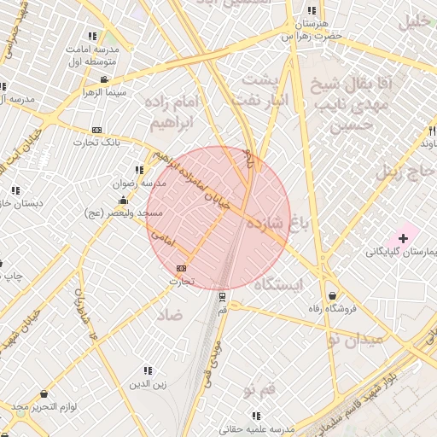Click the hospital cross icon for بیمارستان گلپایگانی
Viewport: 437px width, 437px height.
[403, 236]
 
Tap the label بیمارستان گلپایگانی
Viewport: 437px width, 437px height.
[400, 252]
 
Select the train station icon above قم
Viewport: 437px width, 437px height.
[223, 297]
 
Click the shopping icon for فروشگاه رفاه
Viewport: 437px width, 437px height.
[331, 296]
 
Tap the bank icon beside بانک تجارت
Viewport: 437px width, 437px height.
[96, 130]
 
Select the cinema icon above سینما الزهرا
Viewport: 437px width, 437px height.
[103, 79]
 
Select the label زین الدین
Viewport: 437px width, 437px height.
[148, 384]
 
